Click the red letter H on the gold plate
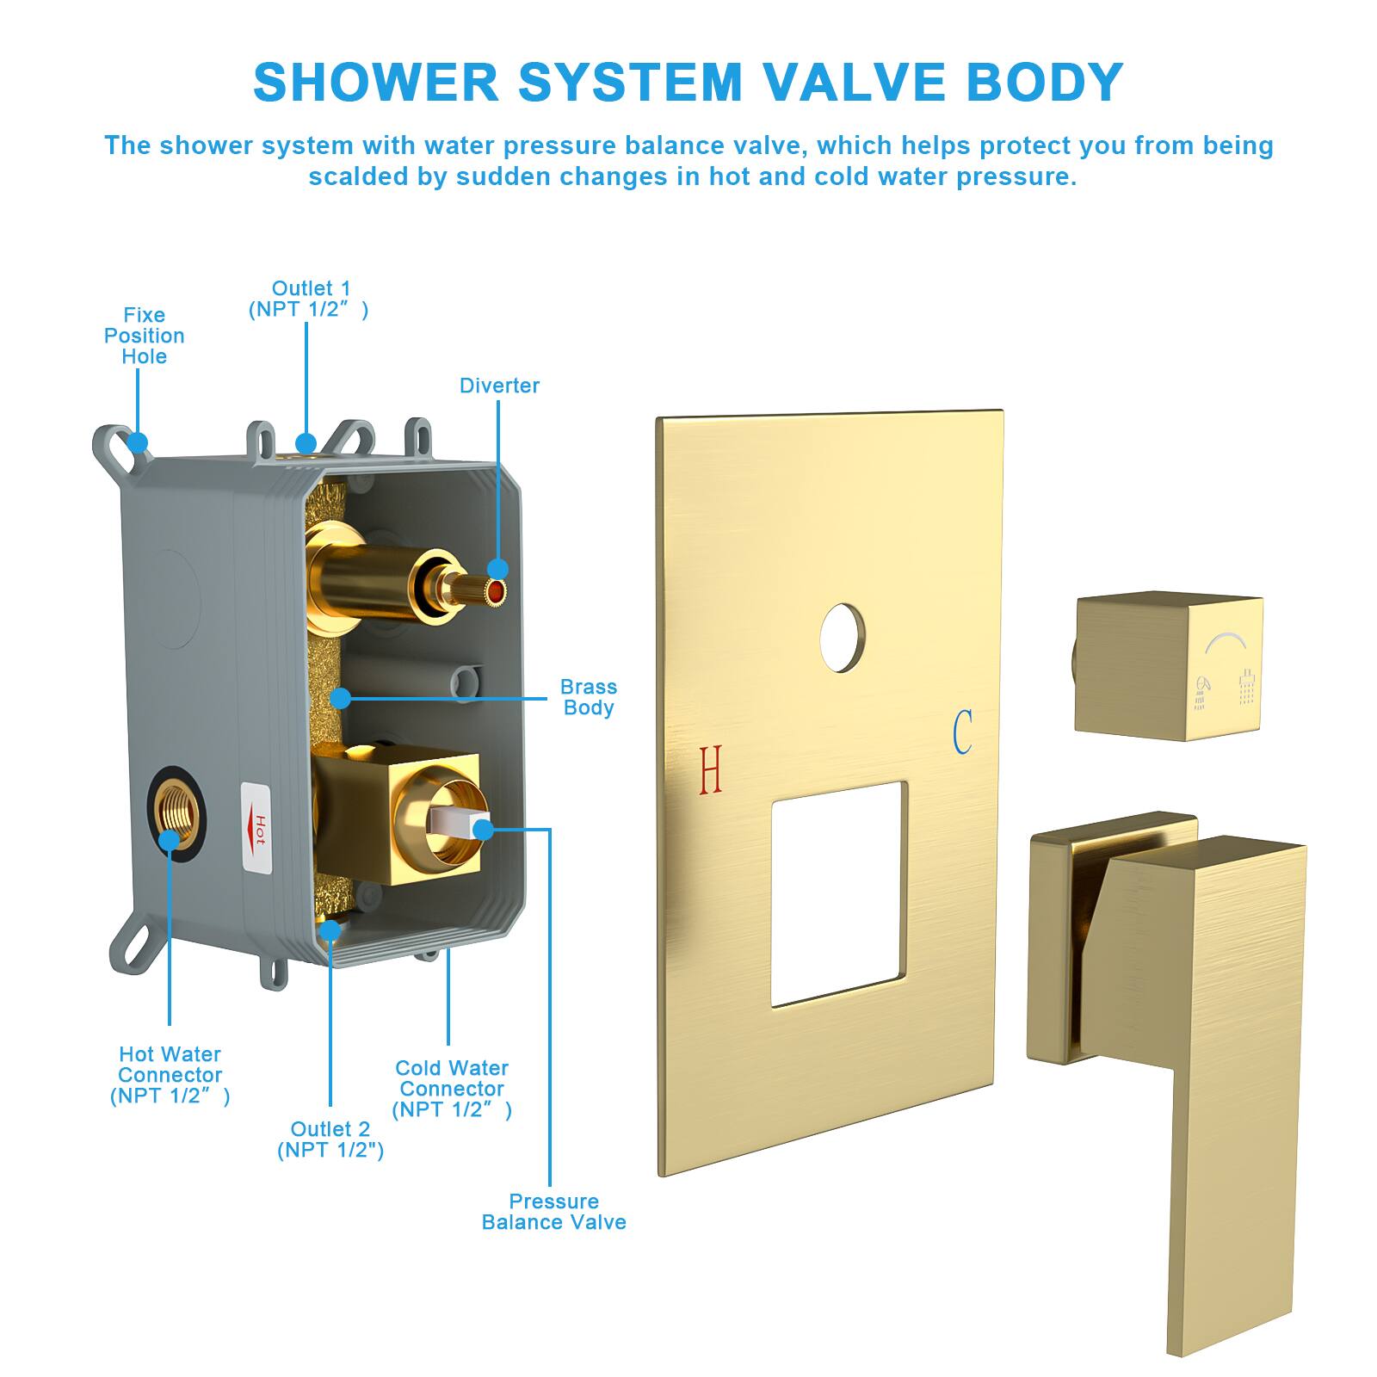(711, 769)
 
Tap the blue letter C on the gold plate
(963, 732)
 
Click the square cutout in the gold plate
(839, 894)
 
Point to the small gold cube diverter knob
(1169, 668)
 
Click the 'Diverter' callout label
(499, 386)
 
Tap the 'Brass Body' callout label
(589, 697)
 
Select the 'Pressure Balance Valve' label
(554, 1212)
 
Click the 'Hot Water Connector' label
(170, 1075)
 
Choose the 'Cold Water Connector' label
(452, 1089)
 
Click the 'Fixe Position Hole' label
(145, 336)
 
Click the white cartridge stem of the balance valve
(460, 823)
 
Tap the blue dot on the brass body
(342, 697)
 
